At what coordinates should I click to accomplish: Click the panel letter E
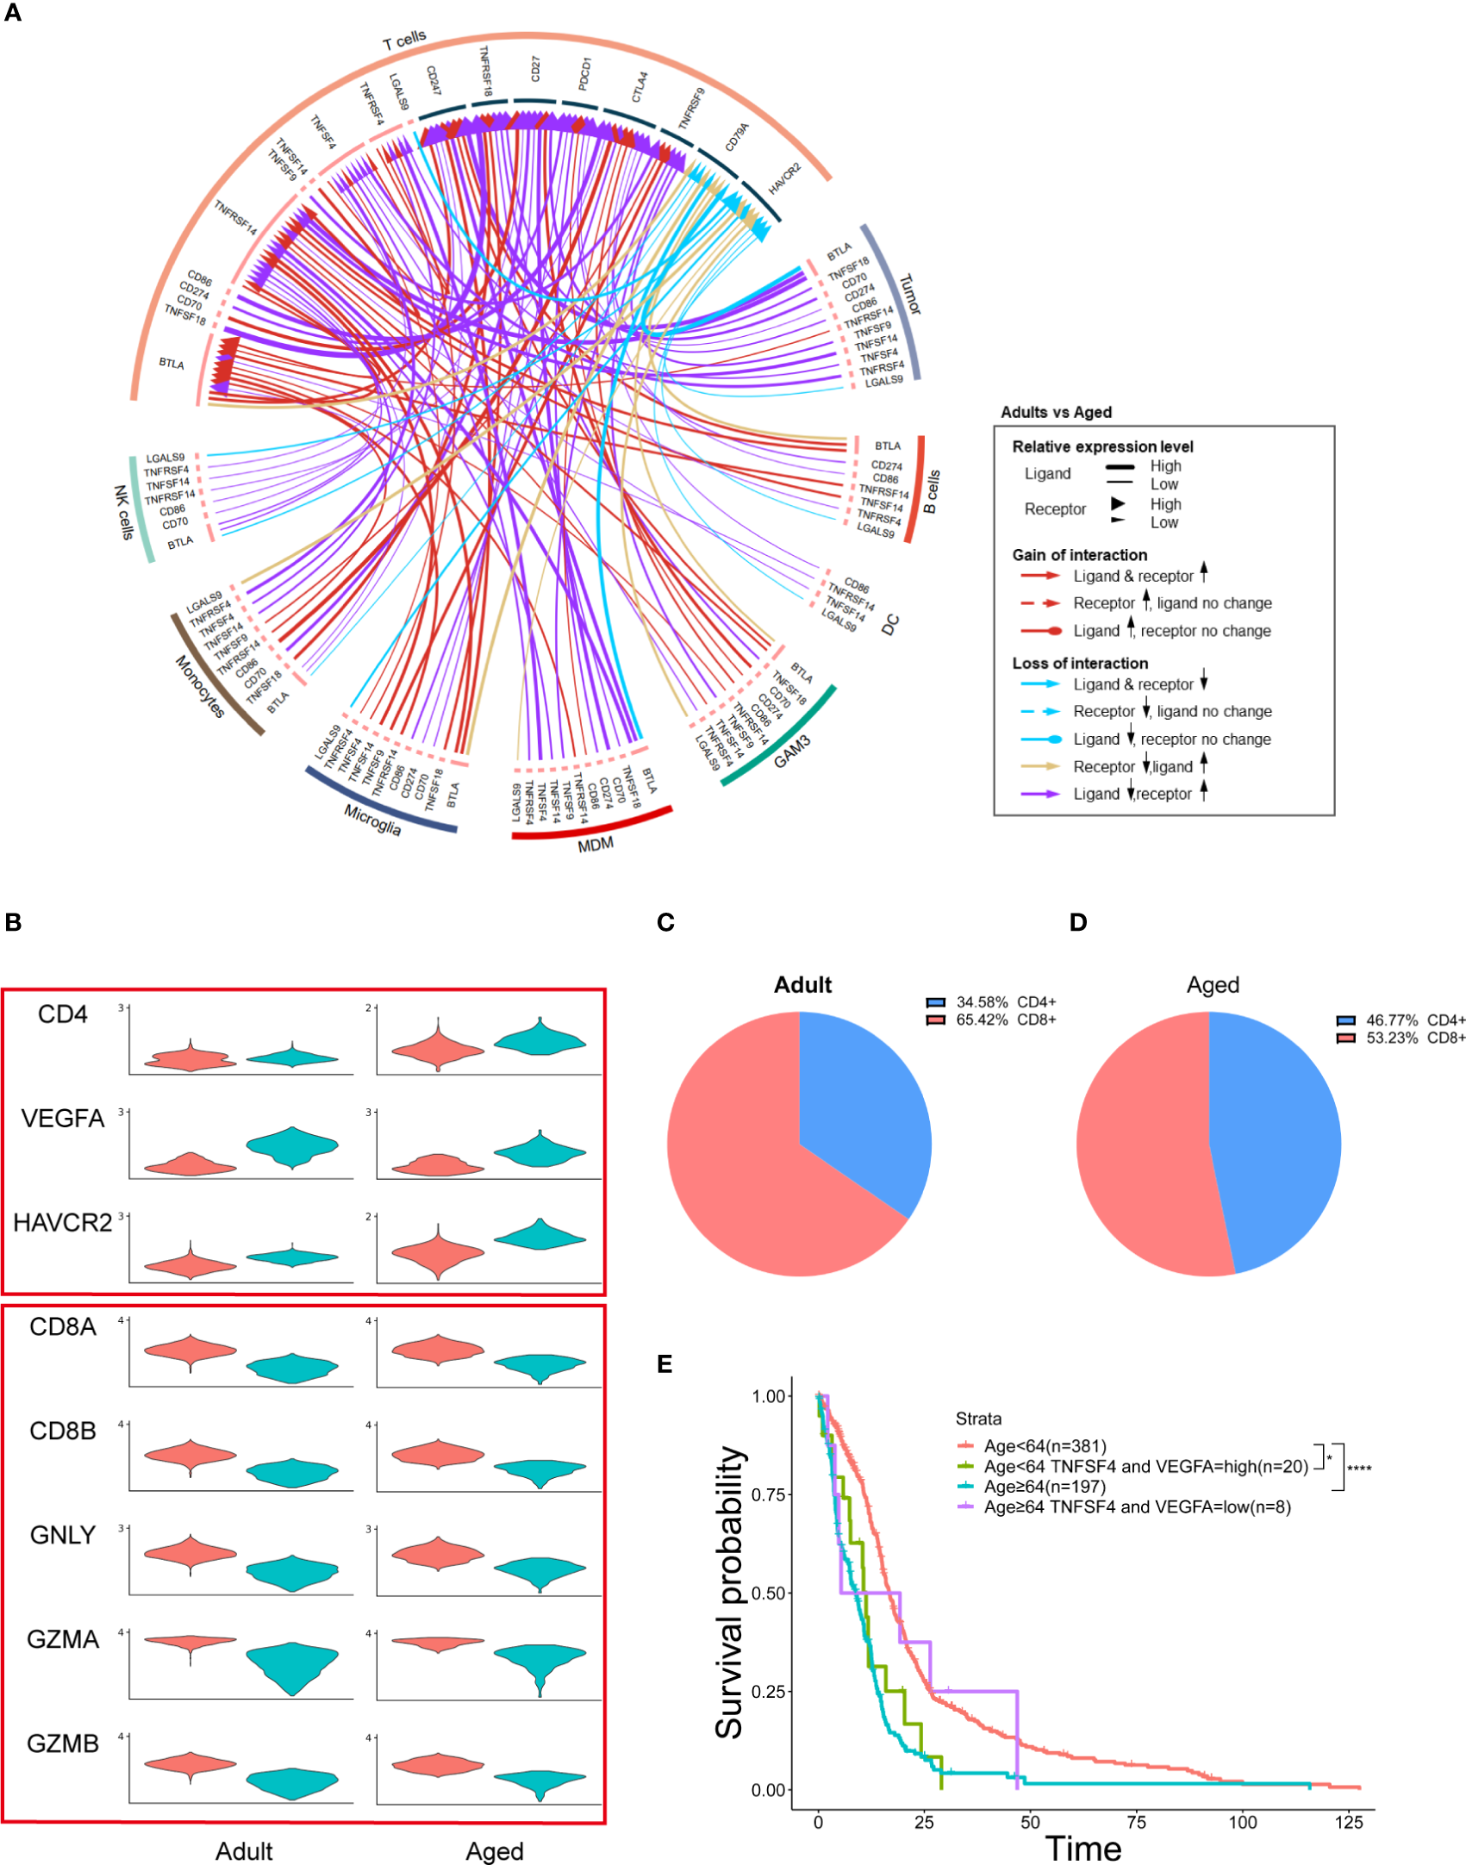pos(664,1363)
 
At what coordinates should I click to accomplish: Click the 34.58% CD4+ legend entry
pos(992,1002)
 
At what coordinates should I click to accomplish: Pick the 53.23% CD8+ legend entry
pos(1401,1038)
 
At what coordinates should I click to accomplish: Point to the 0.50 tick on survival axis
pos(768,1593)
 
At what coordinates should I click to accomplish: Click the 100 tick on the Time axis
pos(1242,1822)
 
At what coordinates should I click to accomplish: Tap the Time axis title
pos(1083,1849)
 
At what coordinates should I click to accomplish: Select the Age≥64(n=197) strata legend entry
pos(1044,1486)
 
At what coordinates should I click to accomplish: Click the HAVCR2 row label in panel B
pos(62,1222)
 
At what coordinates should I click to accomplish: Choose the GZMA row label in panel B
pos(62,1638)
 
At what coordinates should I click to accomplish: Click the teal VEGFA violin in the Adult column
pos(292,1146)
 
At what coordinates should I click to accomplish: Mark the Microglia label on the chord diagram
pos(372,820)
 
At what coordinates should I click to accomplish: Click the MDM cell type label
pos(596,845)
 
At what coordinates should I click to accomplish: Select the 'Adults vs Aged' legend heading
pos(1056,412)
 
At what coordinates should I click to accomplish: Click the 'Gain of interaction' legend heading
pos(1079,555)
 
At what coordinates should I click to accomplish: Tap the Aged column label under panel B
pos(495,1851)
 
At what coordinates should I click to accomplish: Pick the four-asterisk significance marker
pos(1359,1469)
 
